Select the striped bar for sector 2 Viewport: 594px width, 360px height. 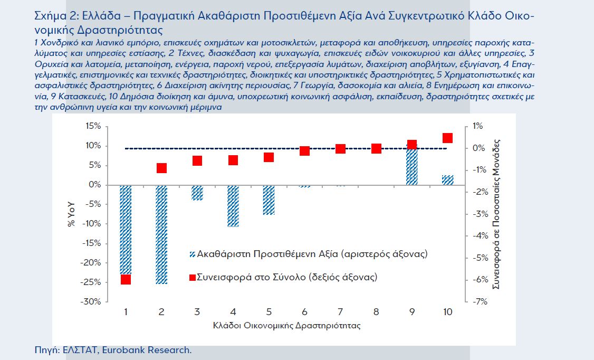coord(161,234)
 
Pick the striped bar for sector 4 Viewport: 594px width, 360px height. coord(233,206)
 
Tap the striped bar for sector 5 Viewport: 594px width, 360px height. coord(269,200)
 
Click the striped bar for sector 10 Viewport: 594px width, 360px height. coord(447,180)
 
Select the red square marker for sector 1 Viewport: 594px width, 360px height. coord(126,279)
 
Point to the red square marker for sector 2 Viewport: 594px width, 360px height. coord(161,168)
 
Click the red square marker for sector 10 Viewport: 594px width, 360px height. coord(447,138)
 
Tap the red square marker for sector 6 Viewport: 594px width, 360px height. coord(304,151)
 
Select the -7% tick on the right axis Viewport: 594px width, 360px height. coord(478,301)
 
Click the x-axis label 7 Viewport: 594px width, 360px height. coord(340,312)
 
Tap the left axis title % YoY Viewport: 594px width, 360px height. coord(71,214)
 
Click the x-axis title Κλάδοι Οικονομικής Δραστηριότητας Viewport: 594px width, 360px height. coord(286,326)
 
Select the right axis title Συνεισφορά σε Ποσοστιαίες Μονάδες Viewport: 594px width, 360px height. coord(496,214)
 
